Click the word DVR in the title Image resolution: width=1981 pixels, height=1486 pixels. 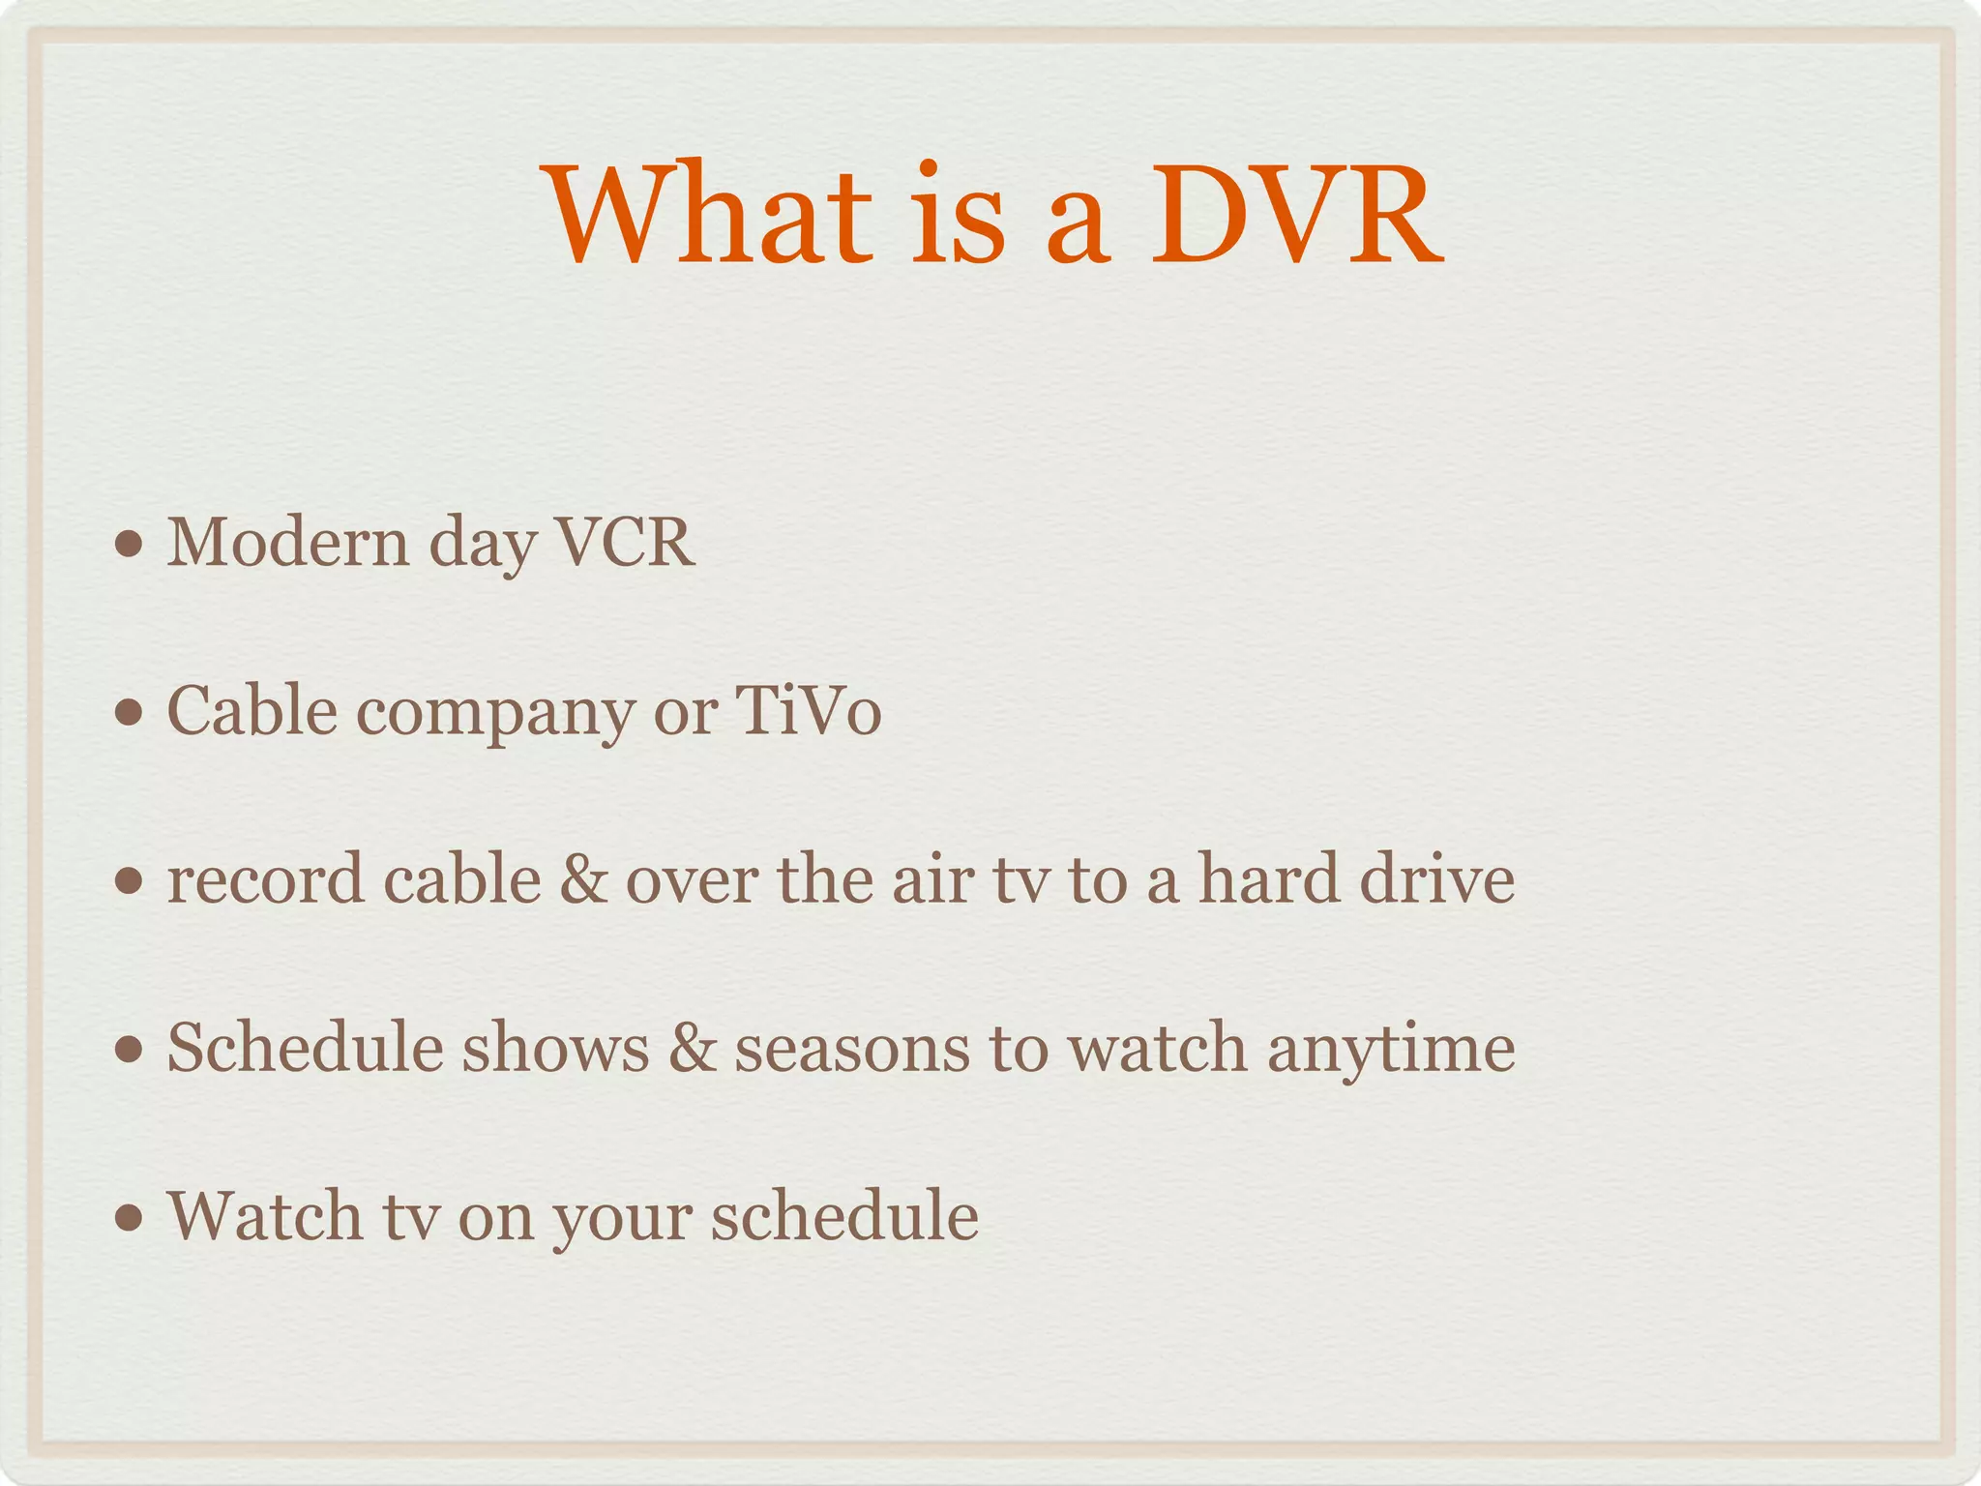pos(1296,215)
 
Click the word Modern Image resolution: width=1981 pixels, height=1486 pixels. pos(288,542)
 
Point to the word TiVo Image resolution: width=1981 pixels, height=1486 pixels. pos(809,711)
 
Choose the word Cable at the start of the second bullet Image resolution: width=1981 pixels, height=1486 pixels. pos(252,711)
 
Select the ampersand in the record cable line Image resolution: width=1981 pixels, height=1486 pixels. pos(583,880)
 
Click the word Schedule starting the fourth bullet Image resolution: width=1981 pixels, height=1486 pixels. pos(304,1048)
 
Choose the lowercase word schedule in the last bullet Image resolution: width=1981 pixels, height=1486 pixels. pos(844,1216)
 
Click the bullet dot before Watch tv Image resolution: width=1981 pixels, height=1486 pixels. pos(129,1218)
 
